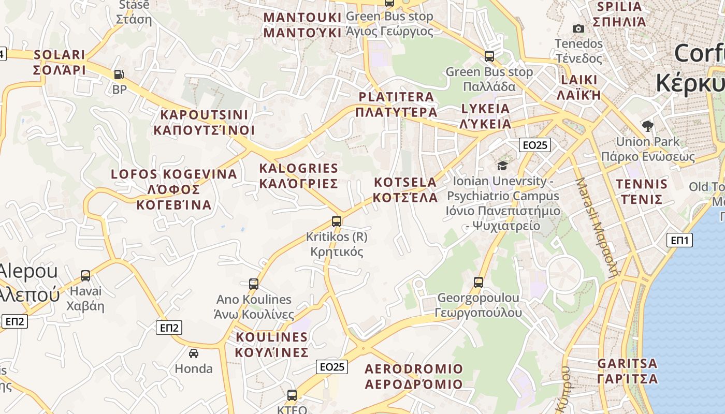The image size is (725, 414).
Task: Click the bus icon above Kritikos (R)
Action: click(x=337, y=221)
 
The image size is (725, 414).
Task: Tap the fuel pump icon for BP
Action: click(x=119, y=75)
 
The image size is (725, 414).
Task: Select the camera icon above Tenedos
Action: click(x=578, y=29)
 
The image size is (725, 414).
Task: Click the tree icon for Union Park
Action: click(x=647, y=126)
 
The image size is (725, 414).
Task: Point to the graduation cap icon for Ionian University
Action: click(x=502, y=166)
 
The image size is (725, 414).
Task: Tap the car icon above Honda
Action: click(x=194, y=353)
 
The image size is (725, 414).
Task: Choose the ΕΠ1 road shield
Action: click(x=679, y=240)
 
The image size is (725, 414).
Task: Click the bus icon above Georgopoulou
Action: click(x=479, y=283)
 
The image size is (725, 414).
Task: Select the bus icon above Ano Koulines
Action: click(x=254, y=284)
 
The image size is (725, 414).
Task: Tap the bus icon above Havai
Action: click(x=85, y=276)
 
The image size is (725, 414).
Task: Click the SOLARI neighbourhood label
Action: click(x=59, y=62)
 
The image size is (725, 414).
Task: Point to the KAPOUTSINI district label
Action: click(x=204, y=123)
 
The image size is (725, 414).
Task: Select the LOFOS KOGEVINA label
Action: click(x=174, y=189)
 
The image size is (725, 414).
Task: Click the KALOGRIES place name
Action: click(x=298, y=176)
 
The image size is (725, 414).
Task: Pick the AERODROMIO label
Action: click(x=414, y=376)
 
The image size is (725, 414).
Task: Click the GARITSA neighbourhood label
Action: click(x=627, y=371)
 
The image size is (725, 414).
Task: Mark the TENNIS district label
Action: click(x=642, y=191)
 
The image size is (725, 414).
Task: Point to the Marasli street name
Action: click(x=598, y=228)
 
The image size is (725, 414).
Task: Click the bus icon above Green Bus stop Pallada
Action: click(x=489, y=56)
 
